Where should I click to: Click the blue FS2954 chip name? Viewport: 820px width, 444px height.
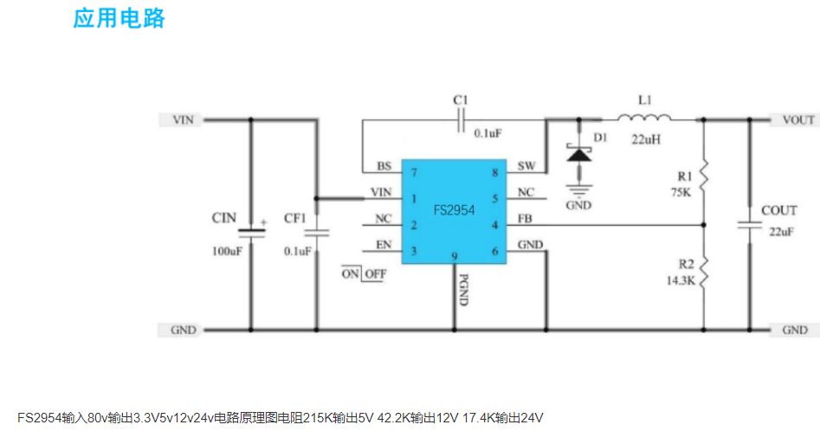454,210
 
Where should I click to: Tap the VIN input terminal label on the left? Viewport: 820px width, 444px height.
183,120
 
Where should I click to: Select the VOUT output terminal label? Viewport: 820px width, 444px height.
797,120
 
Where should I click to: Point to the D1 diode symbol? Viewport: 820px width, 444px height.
578,153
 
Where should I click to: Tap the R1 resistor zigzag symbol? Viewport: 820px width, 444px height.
704,176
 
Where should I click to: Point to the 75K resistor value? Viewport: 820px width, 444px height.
681,193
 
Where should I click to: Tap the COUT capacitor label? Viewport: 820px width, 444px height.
778,210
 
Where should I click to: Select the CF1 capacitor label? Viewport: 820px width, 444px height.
295,218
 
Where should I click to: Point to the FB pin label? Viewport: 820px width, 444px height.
525,219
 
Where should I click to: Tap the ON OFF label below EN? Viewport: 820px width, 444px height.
364,273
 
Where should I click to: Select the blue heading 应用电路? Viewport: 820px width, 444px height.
119,19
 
